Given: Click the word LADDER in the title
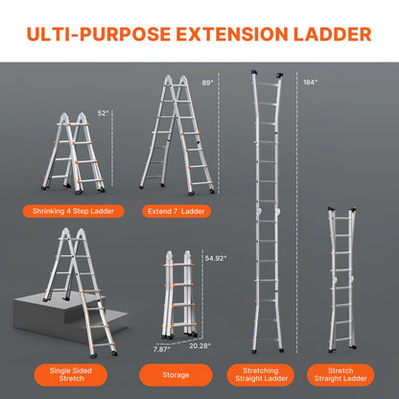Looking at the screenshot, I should [x=327, y=35].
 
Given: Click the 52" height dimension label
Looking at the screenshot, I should [x=103, y=114].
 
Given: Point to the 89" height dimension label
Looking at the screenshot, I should [x=207, y=83].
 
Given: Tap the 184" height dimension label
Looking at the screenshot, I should [x=308, y=82].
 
